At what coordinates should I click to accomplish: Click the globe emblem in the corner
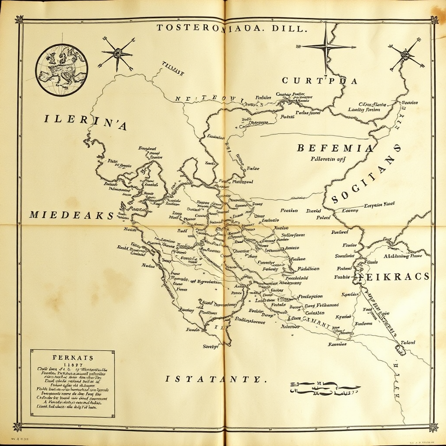pyautogui.click(x=61, y=70)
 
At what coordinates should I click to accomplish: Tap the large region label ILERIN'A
pyautogui.click(x=85, y=122)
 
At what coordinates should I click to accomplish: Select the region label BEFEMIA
pyautogui.click(x=335, y=148)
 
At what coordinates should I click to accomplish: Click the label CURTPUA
pyautogui.click(x=319, y=81)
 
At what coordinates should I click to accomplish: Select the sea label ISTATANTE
pyautogui.click(x=215, y=379)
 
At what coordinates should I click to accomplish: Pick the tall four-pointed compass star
pyautogui.click(x=326, y=47)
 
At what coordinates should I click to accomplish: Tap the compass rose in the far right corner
pyautogui.click(x=407, y=54)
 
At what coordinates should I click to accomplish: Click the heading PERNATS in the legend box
pyautogui.click(x=73, y=357)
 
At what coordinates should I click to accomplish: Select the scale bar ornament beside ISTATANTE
pyautogui.click(x=324, y=388)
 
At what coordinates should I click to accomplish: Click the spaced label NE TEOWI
pyautogui.click(x=209, y=99)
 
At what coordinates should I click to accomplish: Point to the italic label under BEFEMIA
pyautogui.click(x=328, y=159)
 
